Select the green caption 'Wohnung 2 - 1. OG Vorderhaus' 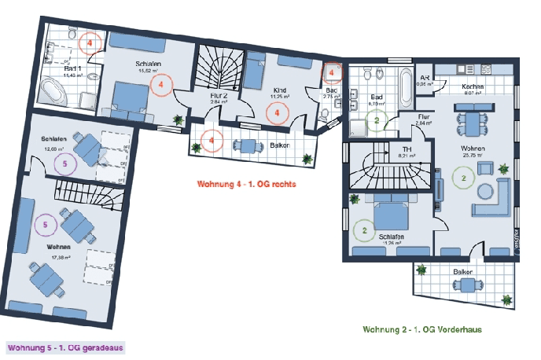(421, 329)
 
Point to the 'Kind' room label (278, 90)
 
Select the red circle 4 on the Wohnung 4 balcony (211, 141)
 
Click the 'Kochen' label (473, 86)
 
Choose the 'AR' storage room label (425, 79)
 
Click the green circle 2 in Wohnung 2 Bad (377, 120)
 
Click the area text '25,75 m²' (473, 156)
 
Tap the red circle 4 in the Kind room (278, 113)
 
